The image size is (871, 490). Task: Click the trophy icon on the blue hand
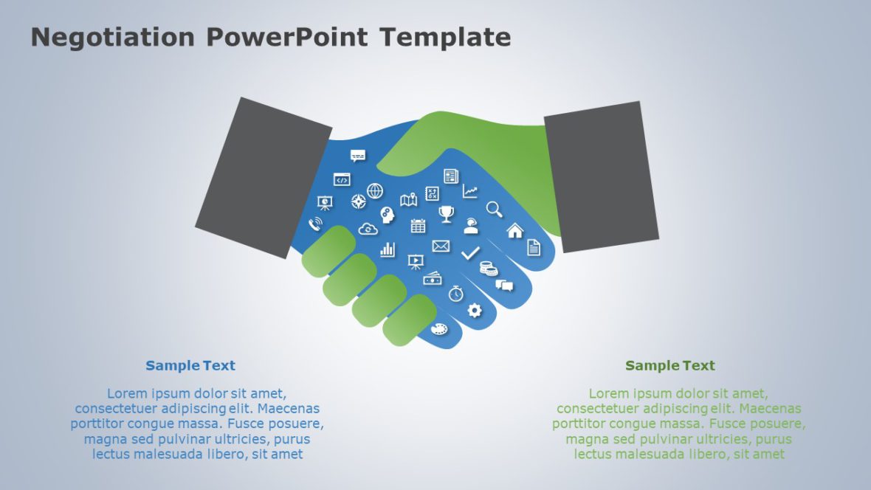(x=446, y=214)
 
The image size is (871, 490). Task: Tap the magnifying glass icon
(x=495, y=209)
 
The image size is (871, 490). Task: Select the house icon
(x=515, y=230)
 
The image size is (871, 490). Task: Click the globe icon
(x=375, y=191)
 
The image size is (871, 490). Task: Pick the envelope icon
(x=441, y=246)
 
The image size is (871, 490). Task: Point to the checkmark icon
(x=470, y=253)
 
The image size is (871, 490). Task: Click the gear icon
(x=475, y=310)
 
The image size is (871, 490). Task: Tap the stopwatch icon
(x=455, y=293)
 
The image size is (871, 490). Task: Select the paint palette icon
(x=439, y=329)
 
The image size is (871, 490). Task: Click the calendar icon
(x=418, y=226)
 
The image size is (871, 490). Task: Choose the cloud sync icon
(x=368, y=229)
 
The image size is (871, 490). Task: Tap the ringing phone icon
(x=315, y=224)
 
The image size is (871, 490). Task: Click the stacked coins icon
(x=489, y=269)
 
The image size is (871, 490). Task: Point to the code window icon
(x=342, y=180)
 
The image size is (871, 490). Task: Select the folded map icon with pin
(x=409, y=199)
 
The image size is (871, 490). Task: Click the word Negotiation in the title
(x=113, y=37)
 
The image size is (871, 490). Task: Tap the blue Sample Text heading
(x=190, y=365)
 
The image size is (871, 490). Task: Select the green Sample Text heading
(x=670, y=365)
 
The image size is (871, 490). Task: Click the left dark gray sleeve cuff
(x=264, y=178)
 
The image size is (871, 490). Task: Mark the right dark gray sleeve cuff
(x=602, y=176)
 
